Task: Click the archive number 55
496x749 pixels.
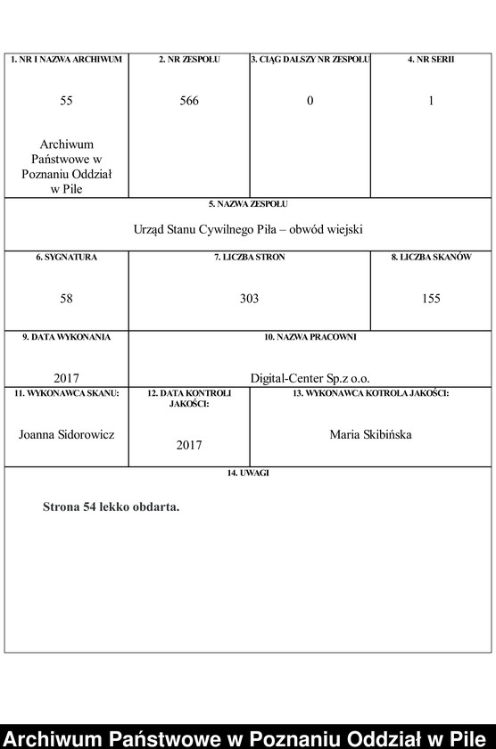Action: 67,101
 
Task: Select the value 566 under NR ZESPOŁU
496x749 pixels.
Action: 189,101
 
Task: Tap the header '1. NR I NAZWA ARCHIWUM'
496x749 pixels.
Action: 67,60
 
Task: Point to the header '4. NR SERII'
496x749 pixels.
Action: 431,60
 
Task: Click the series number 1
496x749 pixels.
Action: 431,101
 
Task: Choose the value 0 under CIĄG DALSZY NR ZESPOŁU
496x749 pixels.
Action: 310,101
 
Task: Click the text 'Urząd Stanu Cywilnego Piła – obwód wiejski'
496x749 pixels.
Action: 249,229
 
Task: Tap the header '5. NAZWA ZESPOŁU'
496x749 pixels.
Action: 249,204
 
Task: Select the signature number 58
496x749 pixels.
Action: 67,299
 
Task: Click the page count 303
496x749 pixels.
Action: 249,299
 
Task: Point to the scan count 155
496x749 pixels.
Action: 431,299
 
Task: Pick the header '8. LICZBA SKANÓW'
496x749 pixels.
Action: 431,258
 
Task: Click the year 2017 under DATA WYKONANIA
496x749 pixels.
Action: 67,378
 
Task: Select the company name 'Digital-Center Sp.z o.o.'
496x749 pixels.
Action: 310,378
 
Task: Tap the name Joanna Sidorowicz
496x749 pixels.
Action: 67,434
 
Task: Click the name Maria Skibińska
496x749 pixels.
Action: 370,434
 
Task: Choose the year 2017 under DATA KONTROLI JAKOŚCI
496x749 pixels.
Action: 189,444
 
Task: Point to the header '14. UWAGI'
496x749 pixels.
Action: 249,473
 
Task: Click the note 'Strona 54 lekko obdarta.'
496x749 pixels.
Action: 112,507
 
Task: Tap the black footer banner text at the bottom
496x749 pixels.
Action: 248,737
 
